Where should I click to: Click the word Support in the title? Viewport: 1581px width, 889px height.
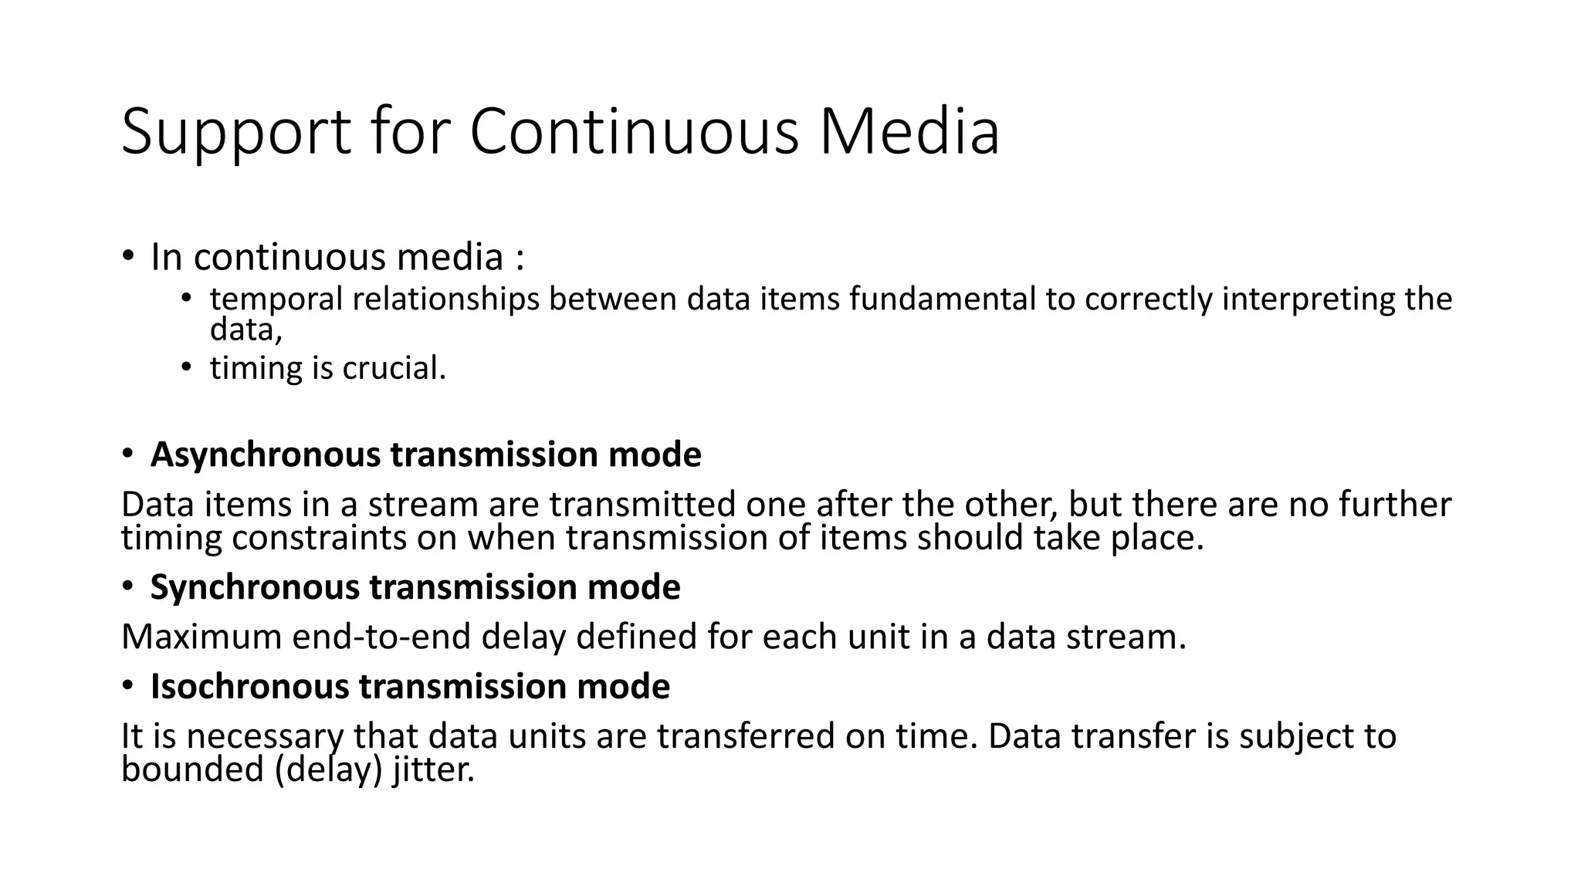236,133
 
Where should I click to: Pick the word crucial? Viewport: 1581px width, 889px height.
394,368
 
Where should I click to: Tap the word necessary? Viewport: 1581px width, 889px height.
264,736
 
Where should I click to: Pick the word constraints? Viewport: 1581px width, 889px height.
319,537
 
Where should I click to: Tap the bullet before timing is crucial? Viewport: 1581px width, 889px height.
186,367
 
